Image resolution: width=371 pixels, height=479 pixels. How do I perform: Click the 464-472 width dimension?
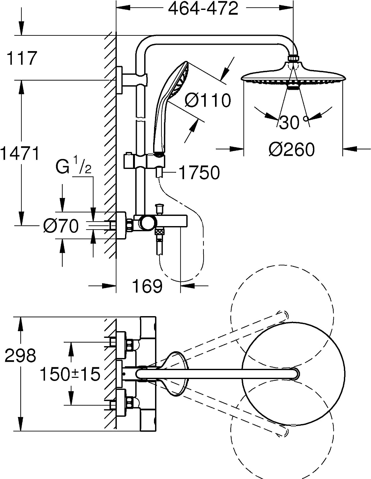pyautogui.click(x=203, y=9)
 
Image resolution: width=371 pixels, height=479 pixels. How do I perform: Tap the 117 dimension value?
pyautogui.click(x=21, y=58)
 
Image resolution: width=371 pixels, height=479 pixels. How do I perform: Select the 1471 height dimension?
pyautogui.click(x=20, y=153)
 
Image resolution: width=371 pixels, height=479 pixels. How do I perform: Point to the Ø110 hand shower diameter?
pyautogui.click(x=208, y=100)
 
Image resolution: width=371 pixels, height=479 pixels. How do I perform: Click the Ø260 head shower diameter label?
pyautogui.click(x=291, y=149)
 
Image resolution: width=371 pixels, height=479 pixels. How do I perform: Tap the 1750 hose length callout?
pyautogui.click(x=199, y=173)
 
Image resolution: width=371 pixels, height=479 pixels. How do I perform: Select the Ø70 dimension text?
pyautogui.click(x=61, y=226)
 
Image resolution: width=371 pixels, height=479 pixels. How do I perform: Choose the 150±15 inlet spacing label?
pyautogui.click(x=70, y=374)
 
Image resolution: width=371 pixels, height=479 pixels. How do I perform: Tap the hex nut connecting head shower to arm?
pyautogui.click(x=293, y=58)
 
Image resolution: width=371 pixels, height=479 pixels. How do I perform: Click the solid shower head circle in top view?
pyautogui.click(x=293, y=374)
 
